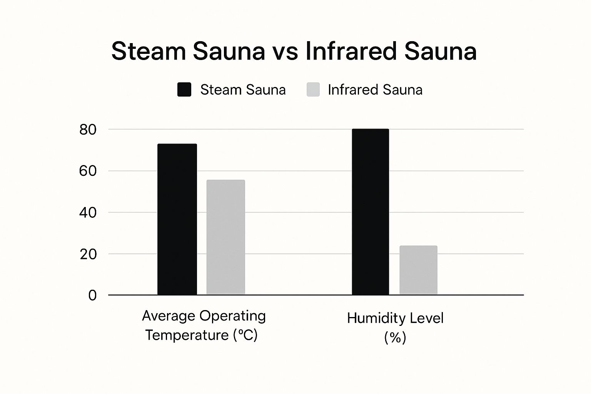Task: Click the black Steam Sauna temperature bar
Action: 177,219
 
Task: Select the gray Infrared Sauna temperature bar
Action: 225,237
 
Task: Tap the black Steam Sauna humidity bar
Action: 370,212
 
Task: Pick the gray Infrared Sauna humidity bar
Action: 418,270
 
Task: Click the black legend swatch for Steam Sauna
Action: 184,90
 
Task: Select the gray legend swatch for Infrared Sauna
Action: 313,90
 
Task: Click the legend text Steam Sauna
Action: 243,90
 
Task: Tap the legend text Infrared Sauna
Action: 375,90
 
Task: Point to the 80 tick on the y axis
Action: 88,130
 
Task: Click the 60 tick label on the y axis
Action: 88,171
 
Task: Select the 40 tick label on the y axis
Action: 88,212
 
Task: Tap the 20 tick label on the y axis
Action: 88,254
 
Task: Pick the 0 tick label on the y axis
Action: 92,295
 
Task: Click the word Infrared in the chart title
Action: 351,51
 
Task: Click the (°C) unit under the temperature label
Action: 245,335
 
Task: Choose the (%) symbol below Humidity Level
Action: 395,338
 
